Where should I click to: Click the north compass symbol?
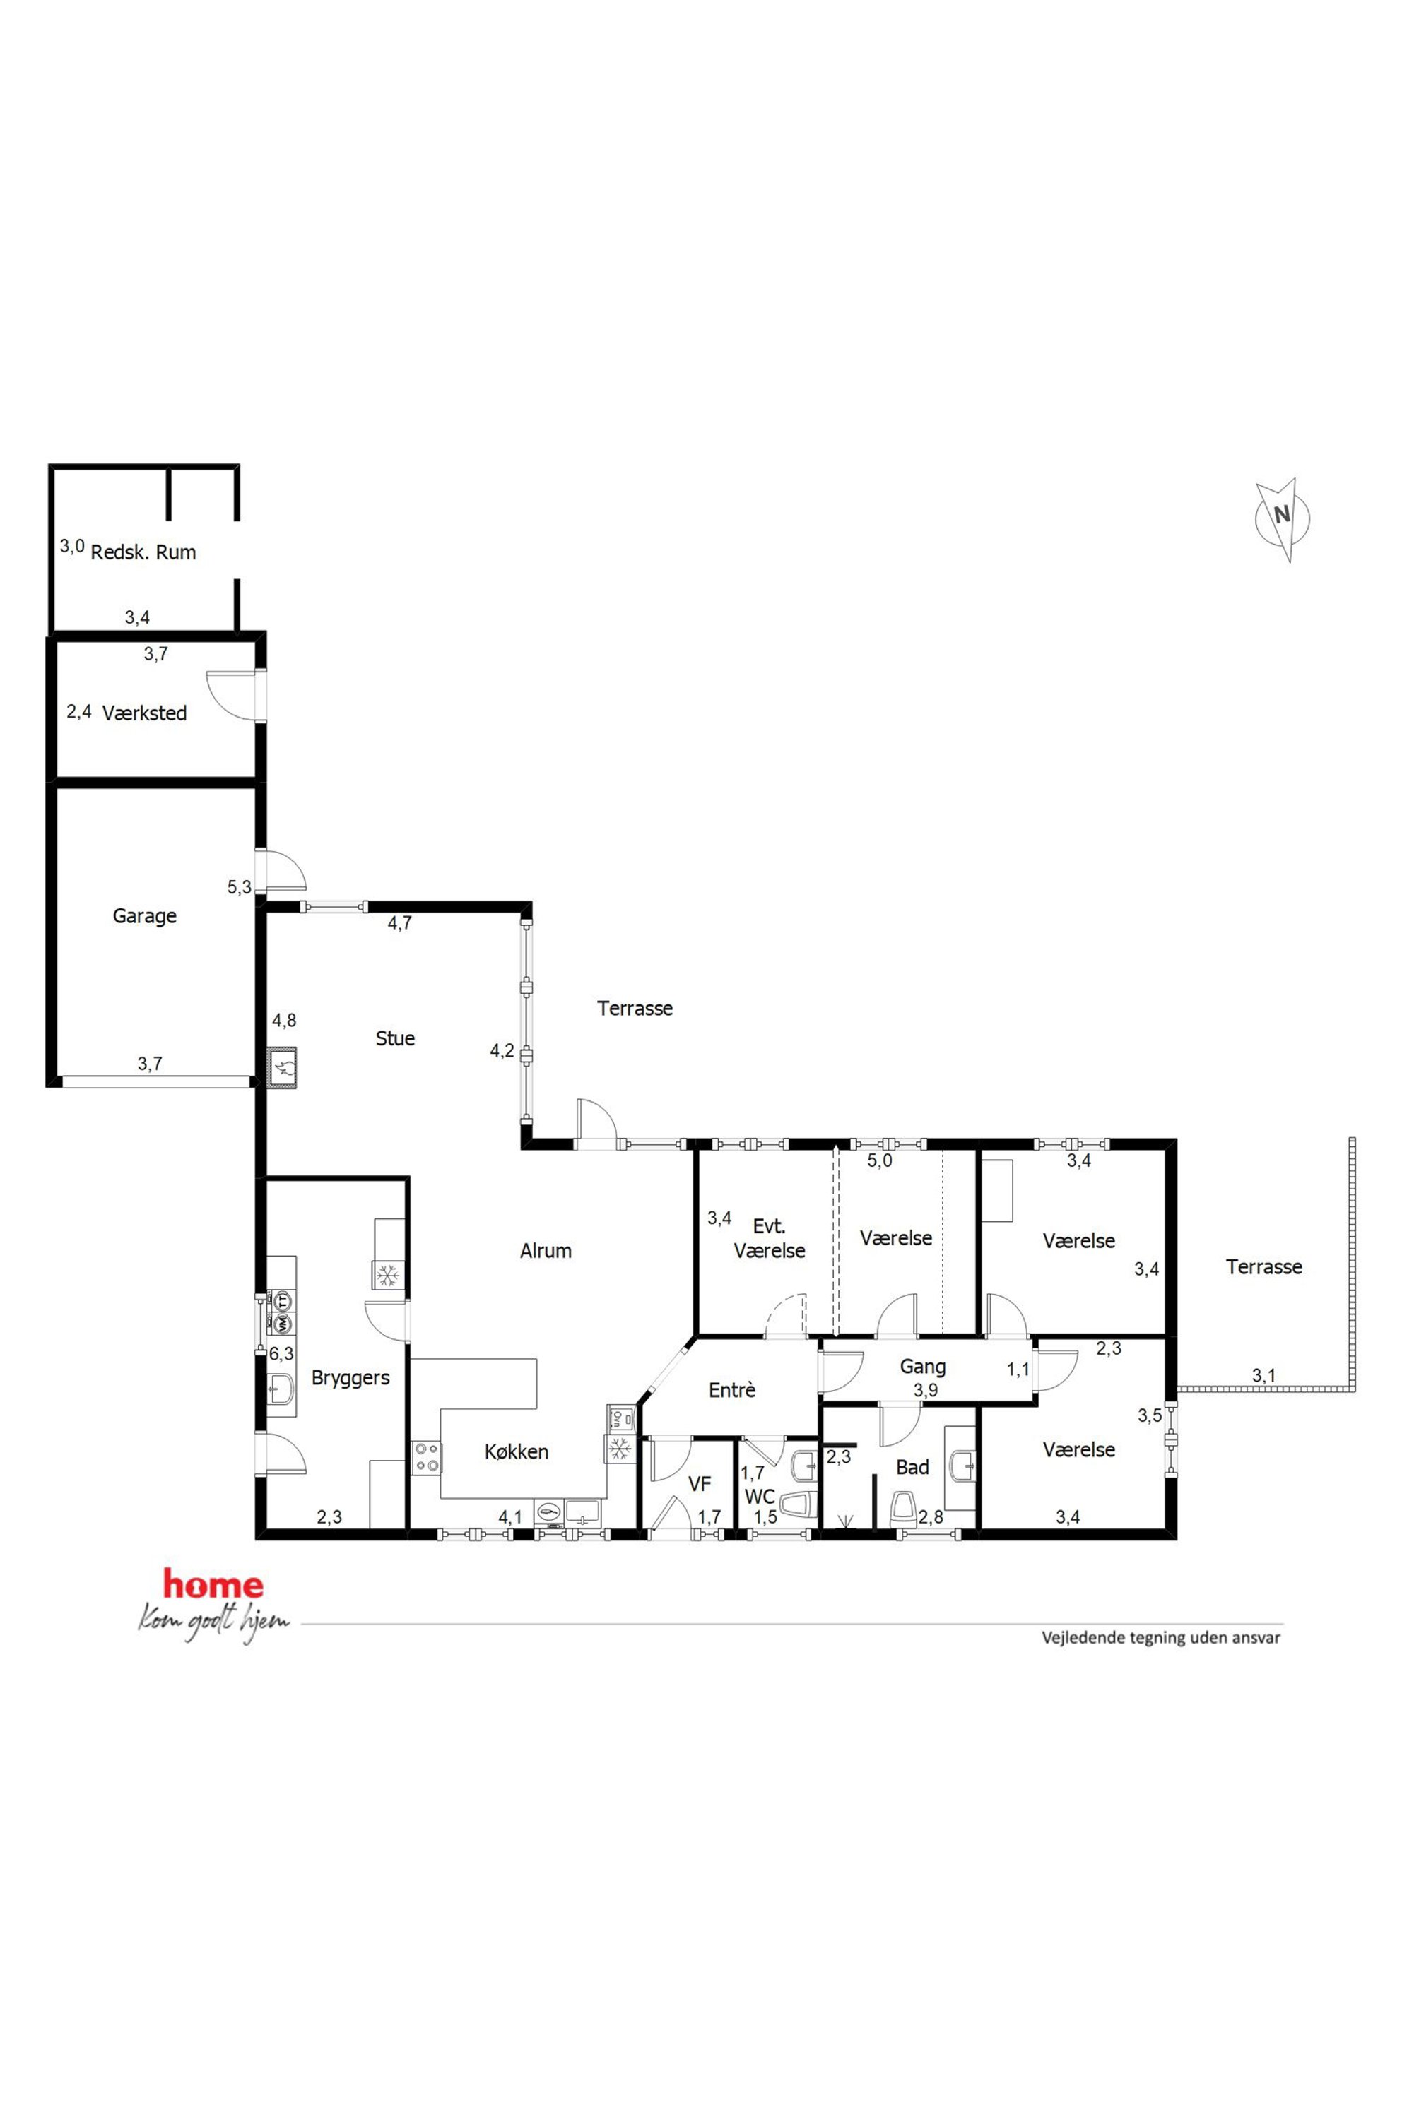pyautogui.click(x=1283, y=519)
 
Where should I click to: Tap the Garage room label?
pyautogui.click(x=144, y=916)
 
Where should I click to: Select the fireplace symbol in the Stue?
pyautogui.click(x=283, y=1067)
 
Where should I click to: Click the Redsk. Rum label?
pyautogui.click(x=143, y=552)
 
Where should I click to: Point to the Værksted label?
pyautogui.click(x=144, y=713)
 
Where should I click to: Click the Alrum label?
pyautogui.click(x=546, y=1251)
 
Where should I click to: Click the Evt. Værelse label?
pyautogui.click(x=769, y=1239)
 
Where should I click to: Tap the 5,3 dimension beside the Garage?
pyautogui.click(x=239, y=887)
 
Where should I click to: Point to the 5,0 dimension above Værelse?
pyautogui.click(x=880, y=1161)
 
